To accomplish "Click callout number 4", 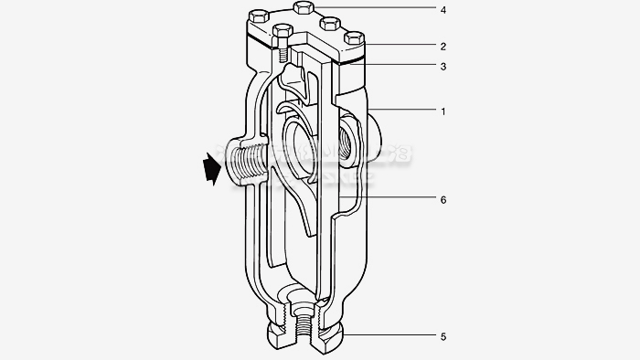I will (443, 10).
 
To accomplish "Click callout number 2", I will (443, 45).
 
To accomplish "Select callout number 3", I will (443, 66).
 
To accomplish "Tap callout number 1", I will (443, 111).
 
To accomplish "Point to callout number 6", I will (443, 198).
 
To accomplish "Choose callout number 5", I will (443, 336).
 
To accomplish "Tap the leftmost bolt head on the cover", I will (259, 16).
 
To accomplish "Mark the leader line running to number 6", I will (393, 198).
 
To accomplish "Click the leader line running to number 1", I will (407, 111).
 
